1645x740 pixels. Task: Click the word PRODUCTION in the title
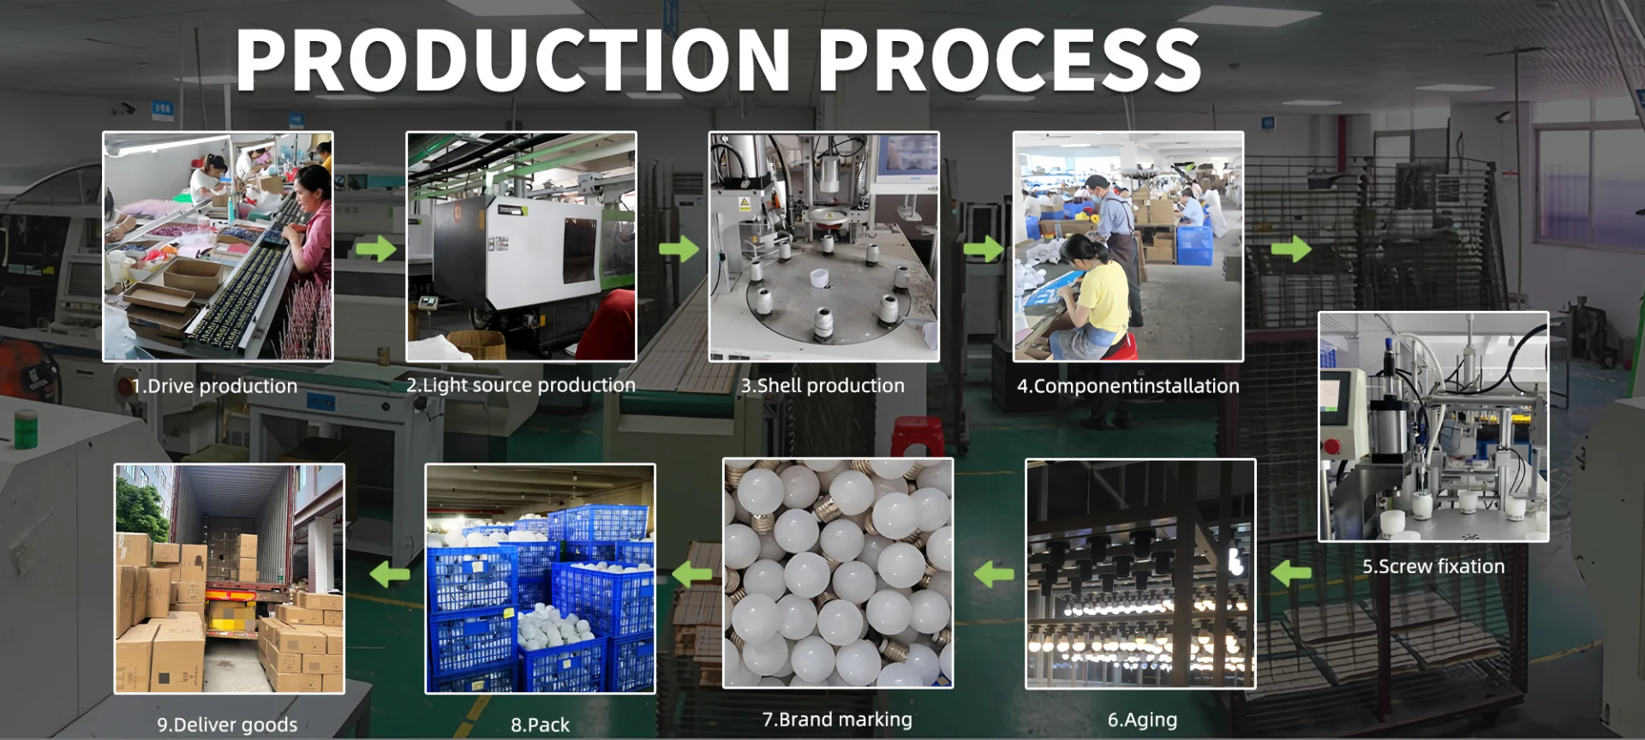512,60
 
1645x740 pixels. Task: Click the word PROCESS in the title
1009,60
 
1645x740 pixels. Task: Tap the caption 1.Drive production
214,386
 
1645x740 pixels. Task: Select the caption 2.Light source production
521,385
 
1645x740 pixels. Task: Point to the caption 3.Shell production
822,386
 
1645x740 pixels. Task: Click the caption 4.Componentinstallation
1128,386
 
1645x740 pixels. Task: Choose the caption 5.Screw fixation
1433,567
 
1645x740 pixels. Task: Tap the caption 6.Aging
1142,720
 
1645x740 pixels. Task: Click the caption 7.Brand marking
837,720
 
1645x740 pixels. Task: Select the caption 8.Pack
540,725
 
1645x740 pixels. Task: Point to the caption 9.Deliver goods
227,725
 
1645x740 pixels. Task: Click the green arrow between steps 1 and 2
375,249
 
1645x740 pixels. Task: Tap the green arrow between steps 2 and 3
679,249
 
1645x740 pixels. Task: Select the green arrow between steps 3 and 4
983,249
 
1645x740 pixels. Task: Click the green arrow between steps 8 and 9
390,574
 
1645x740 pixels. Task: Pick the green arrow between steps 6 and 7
994,574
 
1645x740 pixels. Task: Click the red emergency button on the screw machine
1331,446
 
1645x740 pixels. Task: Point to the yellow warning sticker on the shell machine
744,204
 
